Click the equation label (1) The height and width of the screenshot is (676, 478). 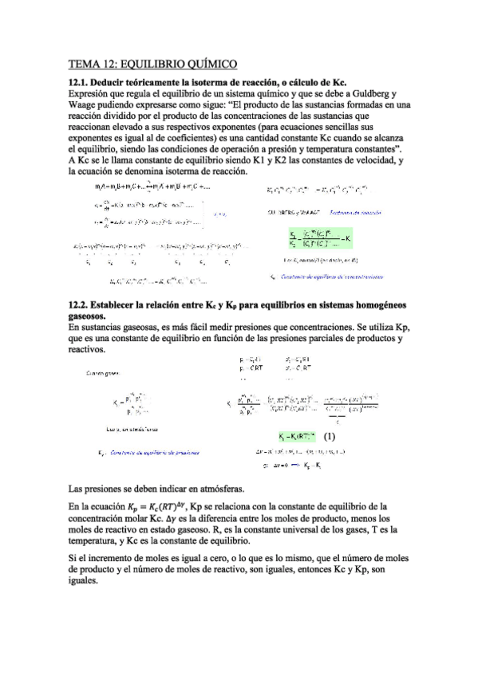pyautogui.click(x=330, y=436)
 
